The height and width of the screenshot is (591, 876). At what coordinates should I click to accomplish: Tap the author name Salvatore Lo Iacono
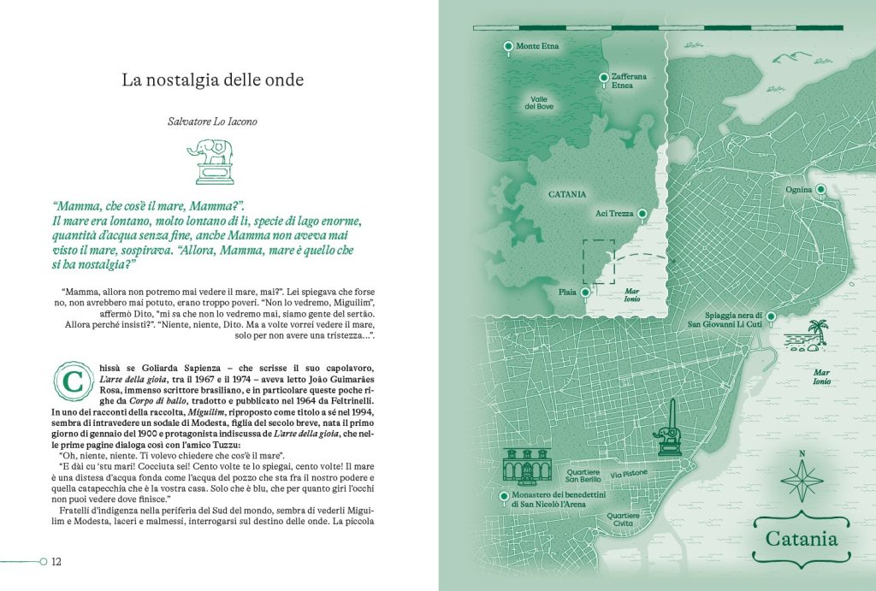[x=212, y=121]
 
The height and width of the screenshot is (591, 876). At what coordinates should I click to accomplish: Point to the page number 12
[x=57, y=562]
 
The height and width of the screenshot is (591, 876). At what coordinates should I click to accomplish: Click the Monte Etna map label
[x=537, y=45]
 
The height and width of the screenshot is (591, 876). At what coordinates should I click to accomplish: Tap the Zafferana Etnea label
[x=629, y=81]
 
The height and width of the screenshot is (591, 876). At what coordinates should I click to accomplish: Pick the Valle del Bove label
[x=539, y=103]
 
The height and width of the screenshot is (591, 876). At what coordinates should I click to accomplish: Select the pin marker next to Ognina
[x=820, y=189]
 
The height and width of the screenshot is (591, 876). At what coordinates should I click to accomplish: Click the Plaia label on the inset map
[x=567, y=292]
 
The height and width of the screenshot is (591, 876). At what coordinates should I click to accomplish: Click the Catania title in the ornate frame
[x=802, y=540]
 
